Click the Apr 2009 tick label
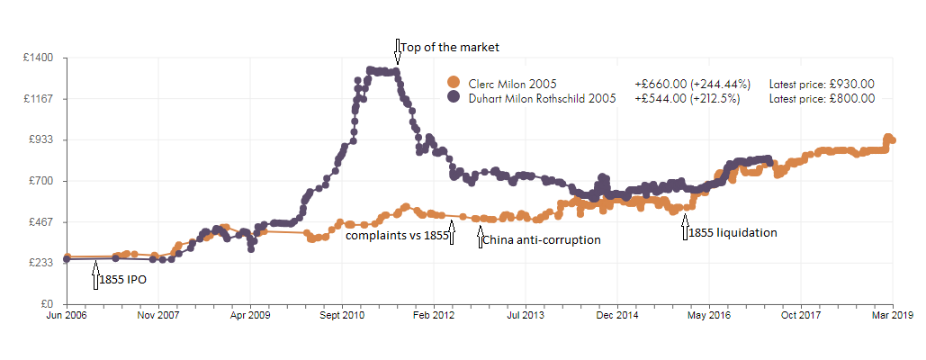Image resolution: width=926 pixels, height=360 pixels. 250,317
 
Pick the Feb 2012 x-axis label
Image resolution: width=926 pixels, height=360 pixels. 434,317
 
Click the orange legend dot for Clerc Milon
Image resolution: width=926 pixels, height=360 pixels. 453,83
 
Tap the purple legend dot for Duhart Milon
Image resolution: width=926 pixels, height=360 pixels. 453,98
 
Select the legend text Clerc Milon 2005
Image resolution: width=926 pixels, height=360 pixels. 512,83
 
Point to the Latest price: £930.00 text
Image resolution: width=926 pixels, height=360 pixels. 822,83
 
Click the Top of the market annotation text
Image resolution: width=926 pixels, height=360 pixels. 448,47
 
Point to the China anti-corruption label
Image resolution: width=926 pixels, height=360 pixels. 542,240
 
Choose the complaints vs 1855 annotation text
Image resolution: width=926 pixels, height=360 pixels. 397,236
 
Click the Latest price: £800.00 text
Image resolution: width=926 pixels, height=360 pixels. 822,98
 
